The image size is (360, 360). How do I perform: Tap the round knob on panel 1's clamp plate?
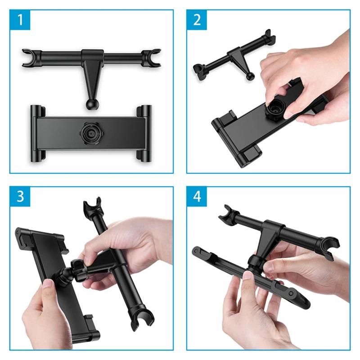89,132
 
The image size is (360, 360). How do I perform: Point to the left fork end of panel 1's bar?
28,58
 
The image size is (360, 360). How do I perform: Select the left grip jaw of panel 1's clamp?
37,133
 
